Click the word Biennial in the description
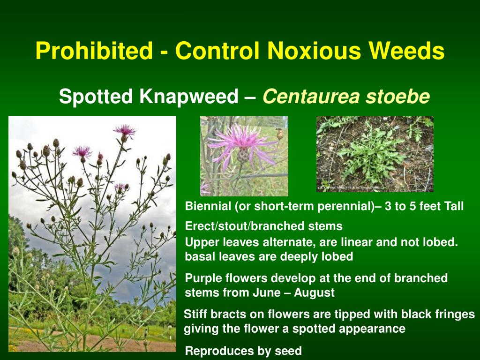pyautogui.click(x=208, y=206)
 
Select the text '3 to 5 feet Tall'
pyautogui.click(x=424, y=206)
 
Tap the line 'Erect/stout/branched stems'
pyautogui.click(x=264, y=226)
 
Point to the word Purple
pyautogui.click(x=202, y=278)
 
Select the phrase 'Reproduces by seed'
pyautogui.click(x=243, y=351)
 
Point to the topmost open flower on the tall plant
pyautogui.click(x=124, y=131)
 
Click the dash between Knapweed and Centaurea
pyautogui.click(x=250, y=97)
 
